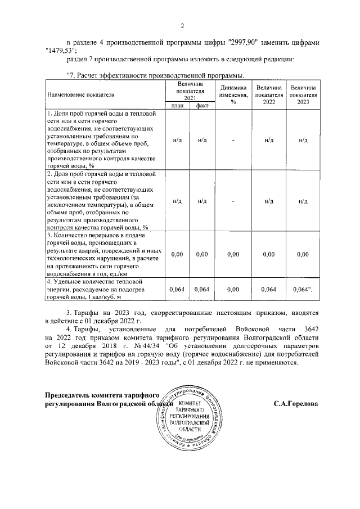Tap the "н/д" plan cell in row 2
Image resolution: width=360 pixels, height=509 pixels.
pyautogui.click(x=177, y=200)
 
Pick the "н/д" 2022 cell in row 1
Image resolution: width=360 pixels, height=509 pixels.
pyautogui.click(x=268, y=139)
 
